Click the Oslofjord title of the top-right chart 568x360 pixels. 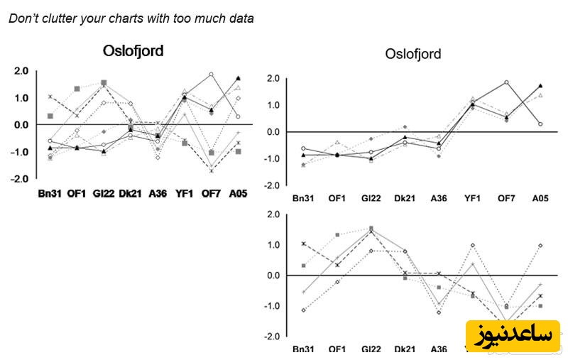(x=413, y=54)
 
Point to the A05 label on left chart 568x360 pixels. (x=238, y=192)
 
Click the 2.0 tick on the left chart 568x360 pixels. (x=21, y=71)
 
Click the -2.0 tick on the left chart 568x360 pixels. (x=20, y=179)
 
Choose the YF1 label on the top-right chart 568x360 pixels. (x=473, y=198)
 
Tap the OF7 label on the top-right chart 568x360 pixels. (x=506, y=198)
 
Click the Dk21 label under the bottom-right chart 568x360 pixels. (x=404, y=350)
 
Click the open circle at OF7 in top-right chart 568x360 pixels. (x=507, y=82)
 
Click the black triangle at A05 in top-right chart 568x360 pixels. (x=541, y=86)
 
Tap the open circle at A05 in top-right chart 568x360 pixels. (x=541, y=124)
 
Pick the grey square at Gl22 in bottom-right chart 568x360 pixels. (x=371, y=229)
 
